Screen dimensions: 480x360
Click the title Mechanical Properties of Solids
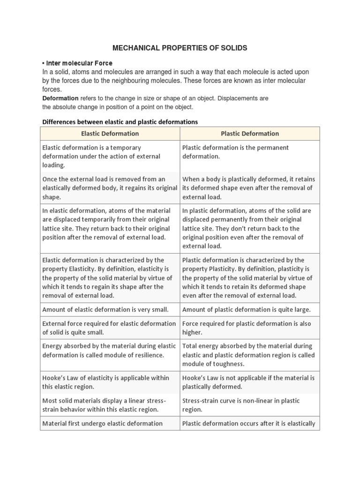[180, 48]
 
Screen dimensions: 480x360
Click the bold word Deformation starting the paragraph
[60, 98]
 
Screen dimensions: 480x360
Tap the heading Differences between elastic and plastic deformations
[120, 121]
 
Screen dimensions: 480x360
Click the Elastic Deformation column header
[110, 134]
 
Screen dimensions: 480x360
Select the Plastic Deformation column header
[250, 134]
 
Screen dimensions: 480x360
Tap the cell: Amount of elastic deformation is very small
[105, 309]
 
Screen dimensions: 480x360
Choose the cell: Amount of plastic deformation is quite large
[247, 309]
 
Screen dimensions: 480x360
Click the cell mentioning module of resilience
[109, 351]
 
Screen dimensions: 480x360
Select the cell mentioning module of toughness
[248, 355]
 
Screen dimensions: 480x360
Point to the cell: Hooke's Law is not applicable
[248, 382]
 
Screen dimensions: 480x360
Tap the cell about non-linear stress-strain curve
[241, 405]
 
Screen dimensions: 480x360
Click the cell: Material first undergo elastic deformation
[102, 423]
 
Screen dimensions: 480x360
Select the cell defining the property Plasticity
[248, 277]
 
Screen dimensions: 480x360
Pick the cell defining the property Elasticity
[109, 277]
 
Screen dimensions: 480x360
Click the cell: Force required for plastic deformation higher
[247, 328]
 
